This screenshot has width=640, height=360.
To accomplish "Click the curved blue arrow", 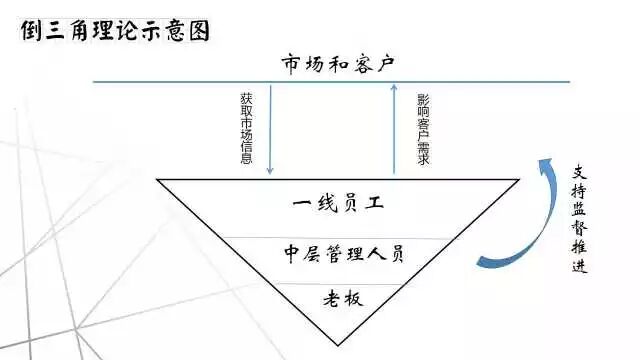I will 520,215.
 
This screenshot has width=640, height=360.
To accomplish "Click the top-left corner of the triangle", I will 158,180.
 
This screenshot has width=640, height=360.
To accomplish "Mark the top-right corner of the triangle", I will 520,180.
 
